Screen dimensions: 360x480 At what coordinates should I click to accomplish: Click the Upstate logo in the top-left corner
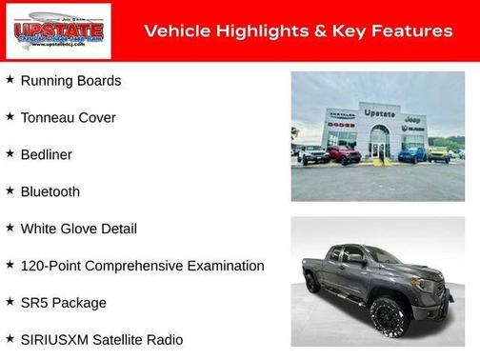[x=58, y=31]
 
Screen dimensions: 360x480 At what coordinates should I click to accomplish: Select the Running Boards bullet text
[x=70, y=81]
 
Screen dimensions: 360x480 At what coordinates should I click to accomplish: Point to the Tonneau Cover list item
[x=68, y=118]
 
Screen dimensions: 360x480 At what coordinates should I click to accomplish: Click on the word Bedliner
[x=46, y=154]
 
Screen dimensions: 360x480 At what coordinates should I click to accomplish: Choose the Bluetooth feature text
[x=50, y=191]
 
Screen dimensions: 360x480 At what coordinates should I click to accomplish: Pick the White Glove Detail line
[x=78, y=229]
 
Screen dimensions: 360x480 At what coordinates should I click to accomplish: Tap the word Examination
[x=222, y=266]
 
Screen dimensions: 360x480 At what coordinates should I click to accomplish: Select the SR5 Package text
[x=63, y=303]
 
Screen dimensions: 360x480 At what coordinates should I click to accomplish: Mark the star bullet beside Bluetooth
[x=10, y=190]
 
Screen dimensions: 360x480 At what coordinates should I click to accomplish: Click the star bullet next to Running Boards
[x=10, y=80]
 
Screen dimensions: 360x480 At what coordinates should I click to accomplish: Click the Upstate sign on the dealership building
[x=379, y=113]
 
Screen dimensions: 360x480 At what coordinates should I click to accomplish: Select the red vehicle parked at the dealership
[x=345, y=154]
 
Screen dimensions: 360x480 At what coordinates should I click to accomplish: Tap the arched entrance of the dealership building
[x=380, y=143]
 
